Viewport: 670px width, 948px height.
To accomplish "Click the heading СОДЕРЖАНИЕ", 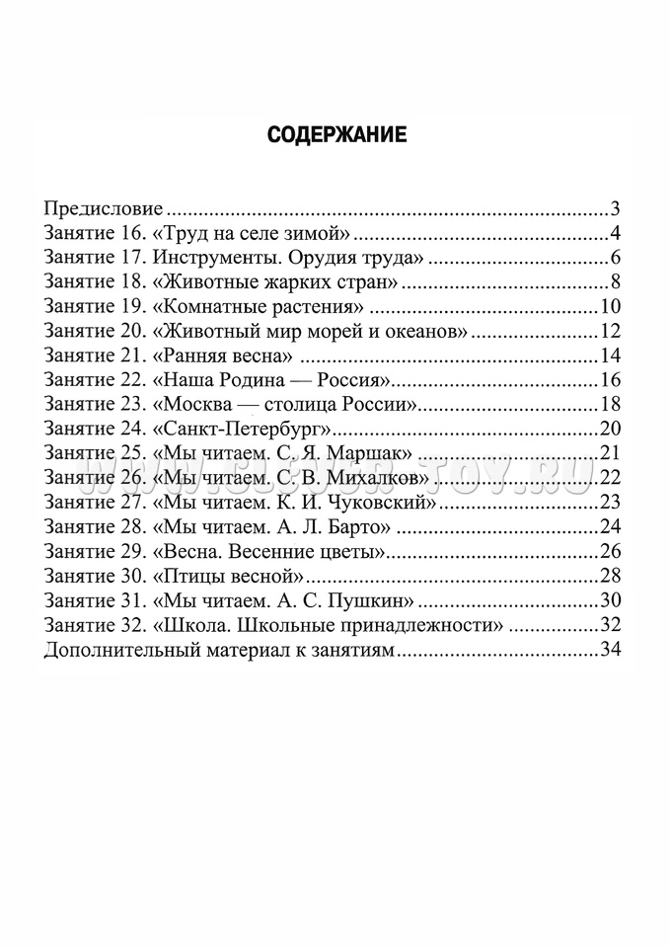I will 336,136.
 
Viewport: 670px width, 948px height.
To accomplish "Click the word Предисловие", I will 104,209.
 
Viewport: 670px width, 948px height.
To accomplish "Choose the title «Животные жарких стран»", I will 276,283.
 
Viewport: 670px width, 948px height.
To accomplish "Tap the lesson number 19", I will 134,307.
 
